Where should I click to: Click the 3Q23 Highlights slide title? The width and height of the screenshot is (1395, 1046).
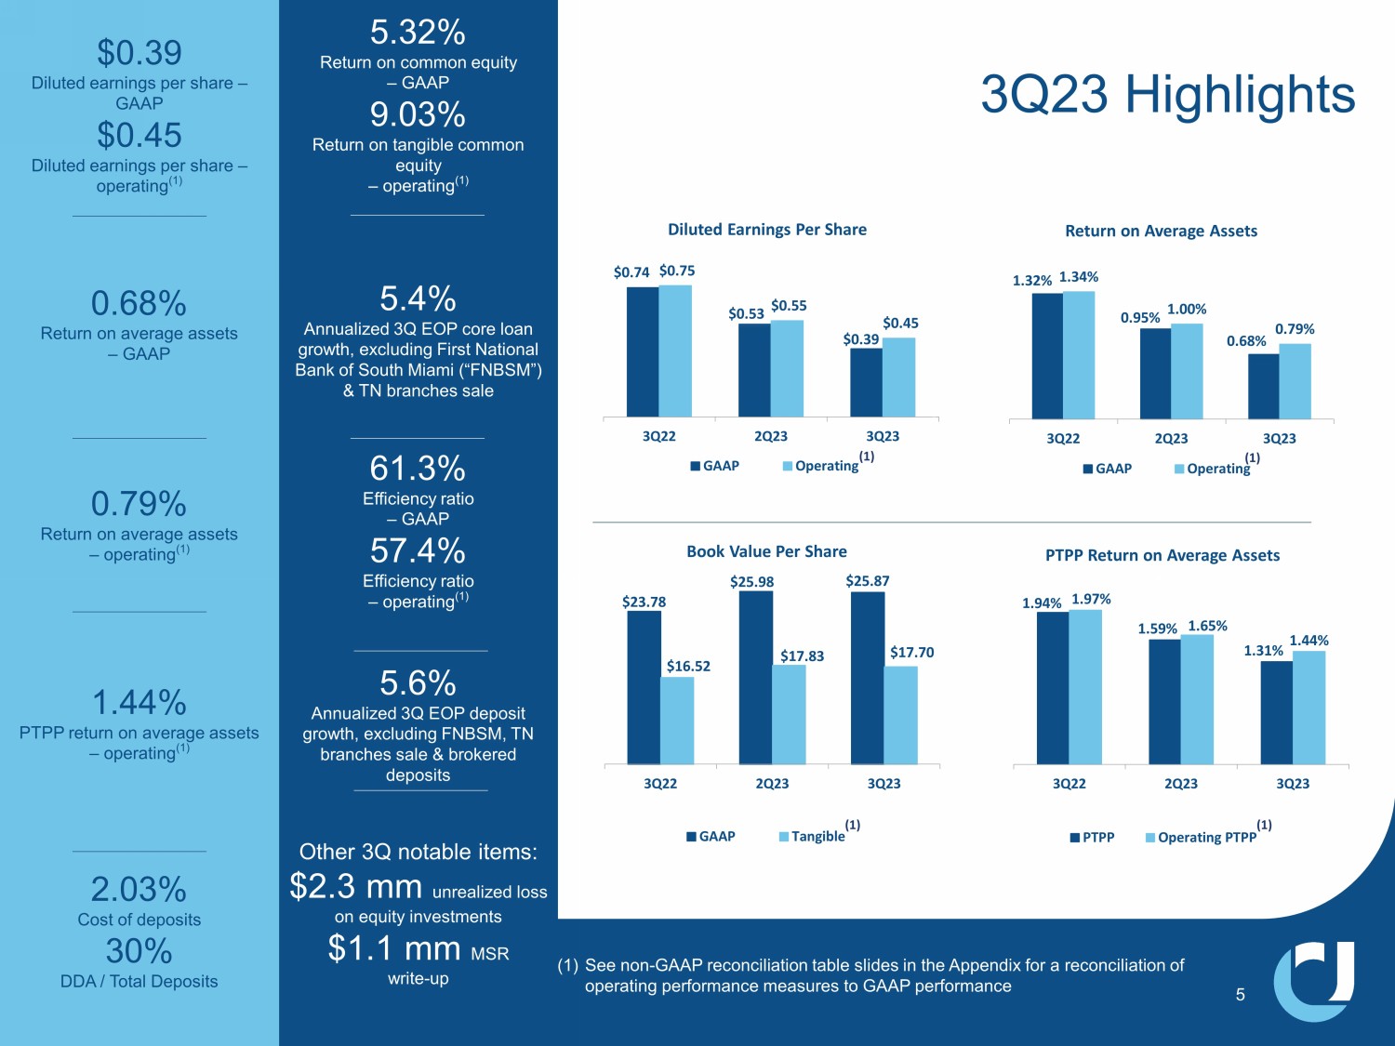1167,95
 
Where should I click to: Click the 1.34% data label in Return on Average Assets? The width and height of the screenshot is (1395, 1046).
1078,277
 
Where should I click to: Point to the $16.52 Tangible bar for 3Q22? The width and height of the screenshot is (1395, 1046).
677,721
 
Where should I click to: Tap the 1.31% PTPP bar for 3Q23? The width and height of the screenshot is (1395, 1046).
1276,712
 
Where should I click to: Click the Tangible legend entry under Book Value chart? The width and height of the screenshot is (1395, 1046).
817,837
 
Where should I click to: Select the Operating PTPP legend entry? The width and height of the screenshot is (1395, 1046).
1205,838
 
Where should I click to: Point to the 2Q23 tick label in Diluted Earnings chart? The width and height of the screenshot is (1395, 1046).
771,436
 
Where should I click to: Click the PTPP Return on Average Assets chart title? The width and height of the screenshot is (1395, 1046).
1162,555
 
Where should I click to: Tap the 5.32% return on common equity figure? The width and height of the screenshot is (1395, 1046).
418,33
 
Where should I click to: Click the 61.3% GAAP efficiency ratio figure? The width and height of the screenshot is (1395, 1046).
418,469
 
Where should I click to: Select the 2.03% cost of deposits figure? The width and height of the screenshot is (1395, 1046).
139,890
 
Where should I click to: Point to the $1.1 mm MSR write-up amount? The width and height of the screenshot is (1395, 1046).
394,948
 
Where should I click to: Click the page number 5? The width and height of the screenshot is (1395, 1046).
1240,995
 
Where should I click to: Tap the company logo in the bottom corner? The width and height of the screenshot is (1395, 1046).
1314,981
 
